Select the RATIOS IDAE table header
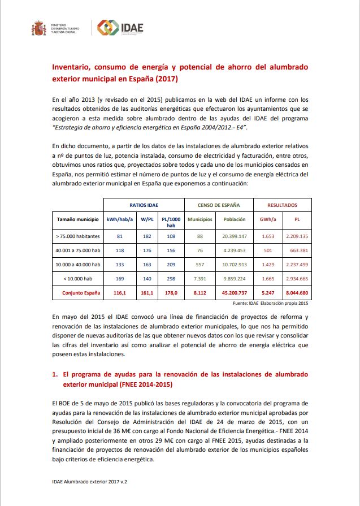click(x=144, y=205)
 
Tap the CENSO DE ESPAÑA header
click(x=218, y=205)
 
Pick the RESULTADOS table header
click(x=282, y=205)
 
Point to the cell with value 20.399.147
click(x=234, y=235)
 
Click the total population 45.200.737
click(x=234, y=293)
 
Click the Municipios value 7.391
click(x=200, y=279)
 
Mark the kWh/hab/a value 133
click(x=119, y=264)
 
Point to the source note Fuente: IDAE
click(x=269, y=303)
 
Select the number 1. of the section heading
click(x=55, y=374)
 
